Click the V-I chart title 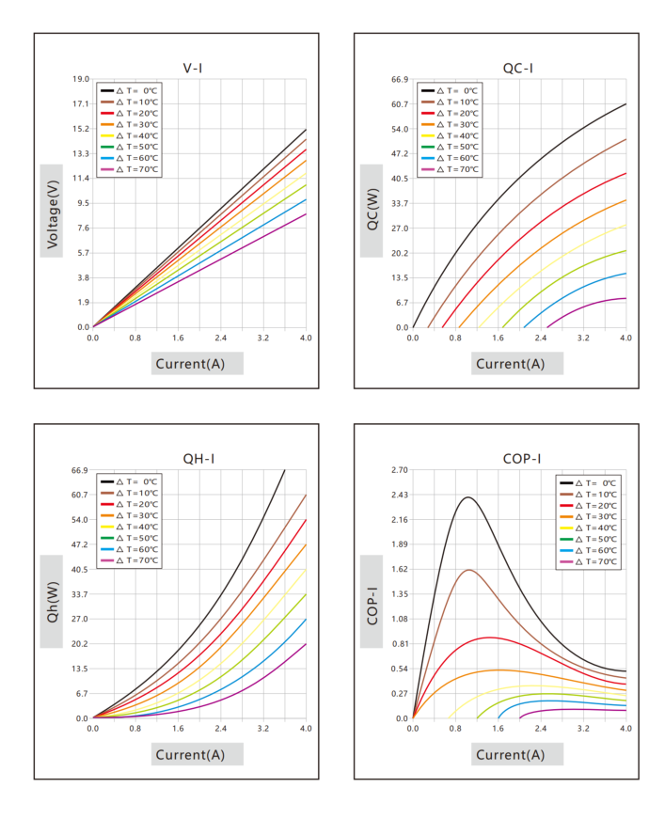pyautogui.click(x=192, y=68)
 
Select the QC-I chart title pyautogui.click(x=517, y=68)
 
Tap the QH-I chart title pyautogui.click(x=198, y=459)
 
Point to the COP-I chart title pyautogui.click(x=522, y=459)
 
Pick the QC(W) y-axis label pyautogui.click(x=372, y=210)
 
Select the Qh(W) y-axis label pyautogui.click(x=53, y=602)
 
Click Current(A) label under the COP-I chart pyautogui.click(x=511, y=755)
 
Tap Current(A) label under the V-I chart pyautogui.click(x=190, y=364)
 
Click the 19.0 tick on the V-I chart pyautogui.click(x=81, y=79)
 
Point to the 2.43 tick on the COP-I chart pyautogui.click(x=400, y=495)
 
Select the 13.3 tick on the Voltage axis pyautogui.click(x=81, y=153)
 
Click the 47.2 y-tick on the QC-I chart pyautogui.click(x=400, y=153)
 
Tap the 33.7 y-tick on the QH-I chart pyautogui.click(x=80, y=594)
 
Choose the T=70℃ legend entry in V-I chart pyautogui.click(x=129, y=169)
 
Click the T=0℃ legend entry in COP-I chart pyautogui.click(x=588, y=483)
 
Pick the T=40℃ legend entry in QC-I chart pyautogui.click(x=450, y=135)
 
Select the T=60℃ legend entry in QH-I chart pyautogui.click(x=129, y=549)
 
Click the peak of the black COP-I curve pyautogui.click(x=468, y=497)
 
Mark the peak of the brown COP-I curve pyautogui.click(x=469, y=570)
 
